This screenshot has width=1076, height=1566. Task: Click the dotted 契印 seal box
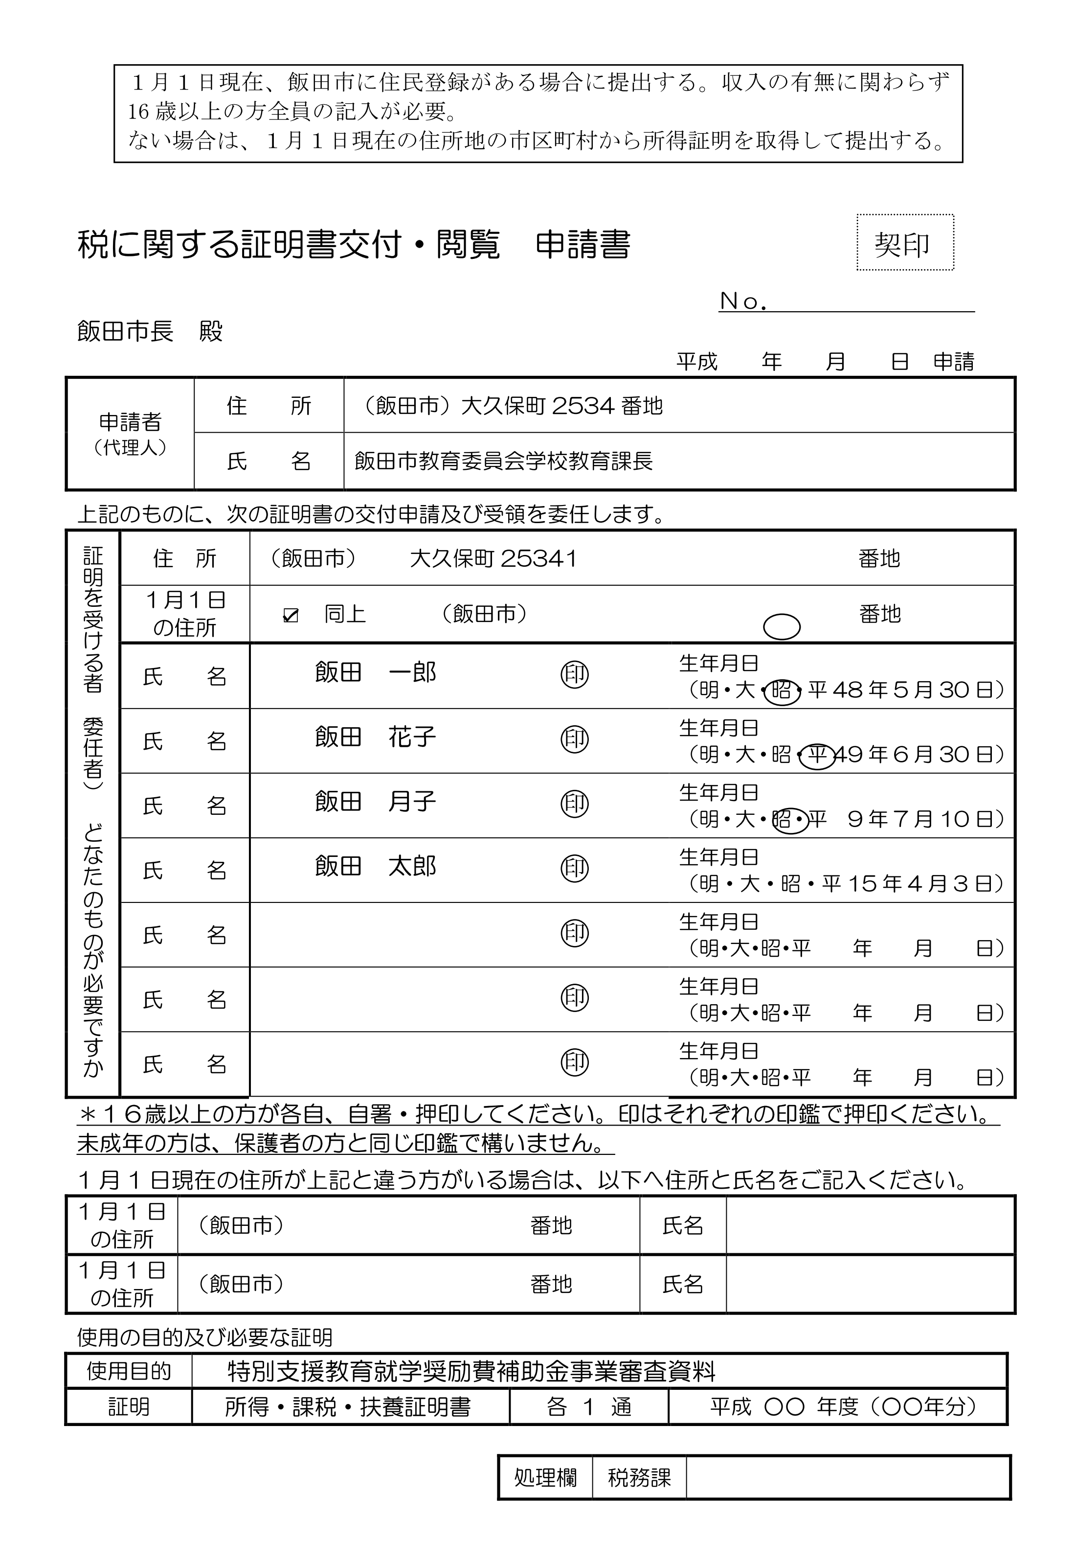click(x=905, y=243)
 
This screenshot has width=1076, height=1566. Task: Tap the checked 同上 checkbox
click(x=291, y=615)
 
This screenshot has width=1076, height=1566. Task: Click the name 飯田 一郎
click(x=376, y=672)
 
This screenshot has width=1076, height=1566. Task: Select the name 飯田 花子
click(x=376, y=737)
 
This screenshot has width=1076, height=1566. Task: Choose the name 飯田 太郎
click(x=376, y=866)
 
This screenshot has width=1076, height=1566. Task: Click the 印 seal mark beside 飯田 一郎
click(x=574, y=674)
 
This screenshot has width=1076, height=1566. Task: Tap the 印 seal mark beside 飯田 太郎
click(x=574, y=868)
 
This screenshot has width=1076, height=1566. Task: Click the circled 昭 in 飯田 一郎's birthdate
click(x=782, y=691)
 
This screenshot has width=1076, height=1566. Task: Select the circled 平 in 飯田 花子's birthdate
click(x=817, y=755)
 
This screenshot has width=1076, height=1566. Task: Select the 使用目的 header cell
click(x=129, y=1371)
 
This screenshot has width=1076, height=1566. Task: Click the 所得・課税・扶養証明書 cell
click(x=348, y=1407)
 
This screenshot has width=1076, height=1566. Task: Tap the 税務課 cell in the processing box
click(x=639, y=1477)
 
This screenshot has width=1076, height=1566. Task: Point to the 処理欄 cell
click(x=545, y=1477)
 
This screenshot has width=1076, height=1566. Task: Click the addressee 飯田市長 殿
click(x=150, y=331)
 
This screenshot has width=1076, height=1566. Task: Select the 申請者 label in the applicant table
click(x=130, y=423)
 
